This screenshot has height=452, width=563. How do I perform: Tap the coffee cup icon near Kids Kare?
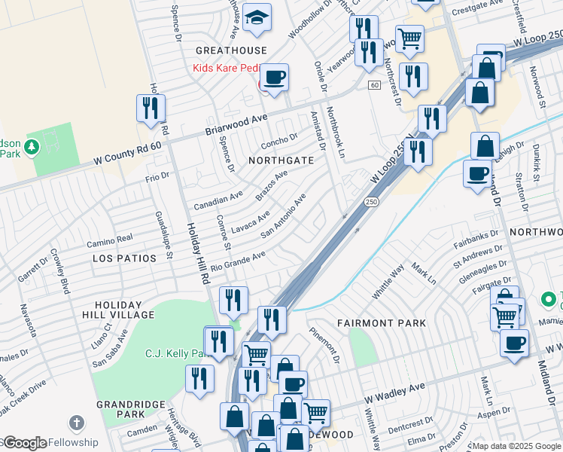(274, 77)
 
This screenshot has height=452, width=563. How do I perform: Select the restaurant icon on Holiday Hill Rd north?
(151, 108)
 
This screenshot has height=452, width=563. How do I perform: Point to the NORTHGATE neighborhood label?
(281, 160)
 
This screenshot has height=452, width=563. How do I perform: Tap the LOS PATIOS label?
(124, 258)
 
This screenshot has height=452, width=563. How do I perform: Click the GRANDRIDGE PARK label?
(131, 409)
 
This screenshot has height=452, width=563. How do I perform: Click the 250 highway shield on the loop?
(371, 202)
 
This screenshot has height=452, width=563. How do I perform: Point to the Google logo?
(24, 443)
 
